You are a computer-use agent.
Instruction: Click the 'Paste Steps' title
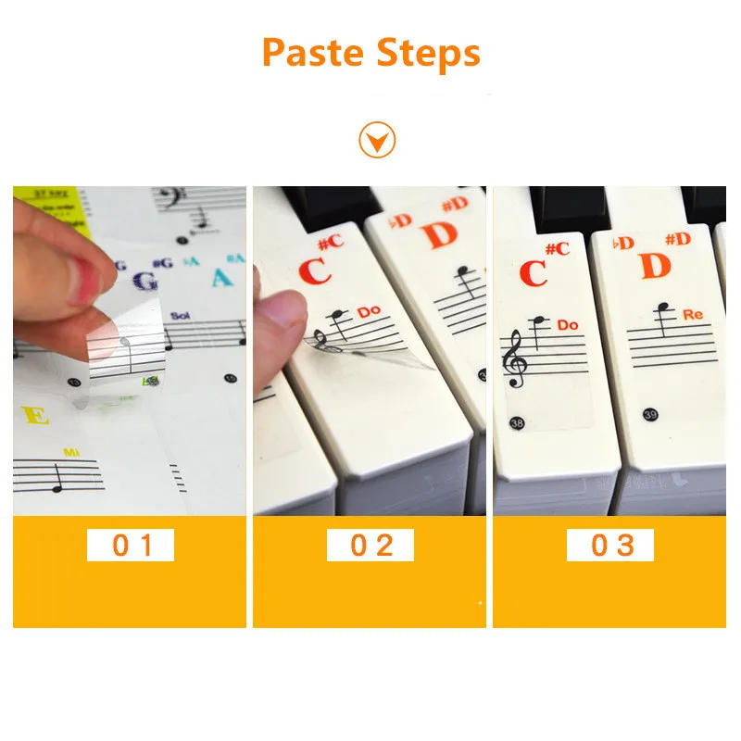370,53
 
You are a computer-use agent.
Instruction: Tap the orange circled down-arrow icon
377,141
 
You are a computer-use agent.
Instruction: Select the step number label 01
131,545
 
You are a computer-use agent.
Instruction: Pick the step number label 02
370,545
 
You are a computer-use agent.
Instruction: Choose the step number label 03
610,545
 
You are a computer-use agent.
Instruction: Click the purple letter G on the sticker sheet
144,281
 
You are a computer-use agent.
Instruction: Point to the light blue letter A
220,277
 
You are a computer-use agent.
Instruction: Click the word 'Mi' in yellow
71,451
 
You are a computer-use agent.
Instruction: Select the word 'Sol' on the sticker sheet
179,316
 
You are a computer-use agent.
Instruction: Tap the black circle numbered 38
514,423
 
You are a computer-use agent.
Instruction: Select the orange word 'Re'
693,315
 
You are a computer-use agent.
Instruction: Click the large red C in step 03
533,273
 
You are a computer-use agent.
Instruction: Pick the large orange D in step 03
654,266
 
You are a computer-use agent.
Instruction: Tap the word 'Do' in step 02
370,312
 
